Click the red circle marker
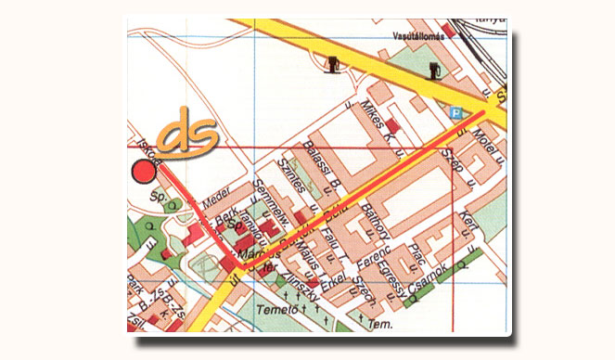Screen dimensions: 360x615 [143, 171]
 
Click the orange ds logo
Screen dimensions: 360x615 [188, 134]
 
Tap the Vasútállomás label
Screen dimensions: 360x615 [421, 34]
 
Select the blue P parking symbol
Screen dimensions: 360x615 [455, 113]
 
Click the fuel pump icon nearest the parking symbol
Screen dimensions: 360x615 [433, 71]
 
